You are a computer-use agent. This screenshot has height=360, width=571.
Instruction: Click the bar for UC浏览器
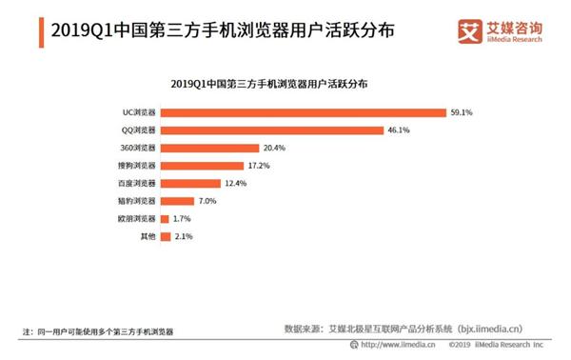[x=304, y=112]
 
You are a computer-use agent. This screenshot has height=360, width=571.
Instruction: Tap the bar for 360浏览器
[x=210, y=149]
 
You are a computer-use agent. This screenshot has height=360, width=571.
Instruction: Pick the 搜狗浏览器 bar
[x=203, y=166]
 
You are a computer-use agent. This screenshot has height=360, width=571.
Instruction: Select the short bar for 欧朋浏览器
[x=166, y=218]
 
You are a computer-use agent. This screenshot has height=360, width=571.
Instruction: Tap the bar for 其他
[x=167, y=235]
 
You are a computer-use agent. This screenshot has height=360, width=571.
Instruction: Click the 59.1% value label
[x=462, y=112]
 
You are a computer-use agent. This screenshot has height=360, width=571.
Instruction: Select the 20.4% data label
[x=274, y=149]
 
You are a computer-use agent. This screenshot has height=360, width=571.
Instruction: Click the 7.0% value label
[x=209, y=201]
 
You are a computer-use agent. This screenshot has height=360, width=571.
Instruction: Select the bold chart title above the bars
[x=285, y=85]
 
